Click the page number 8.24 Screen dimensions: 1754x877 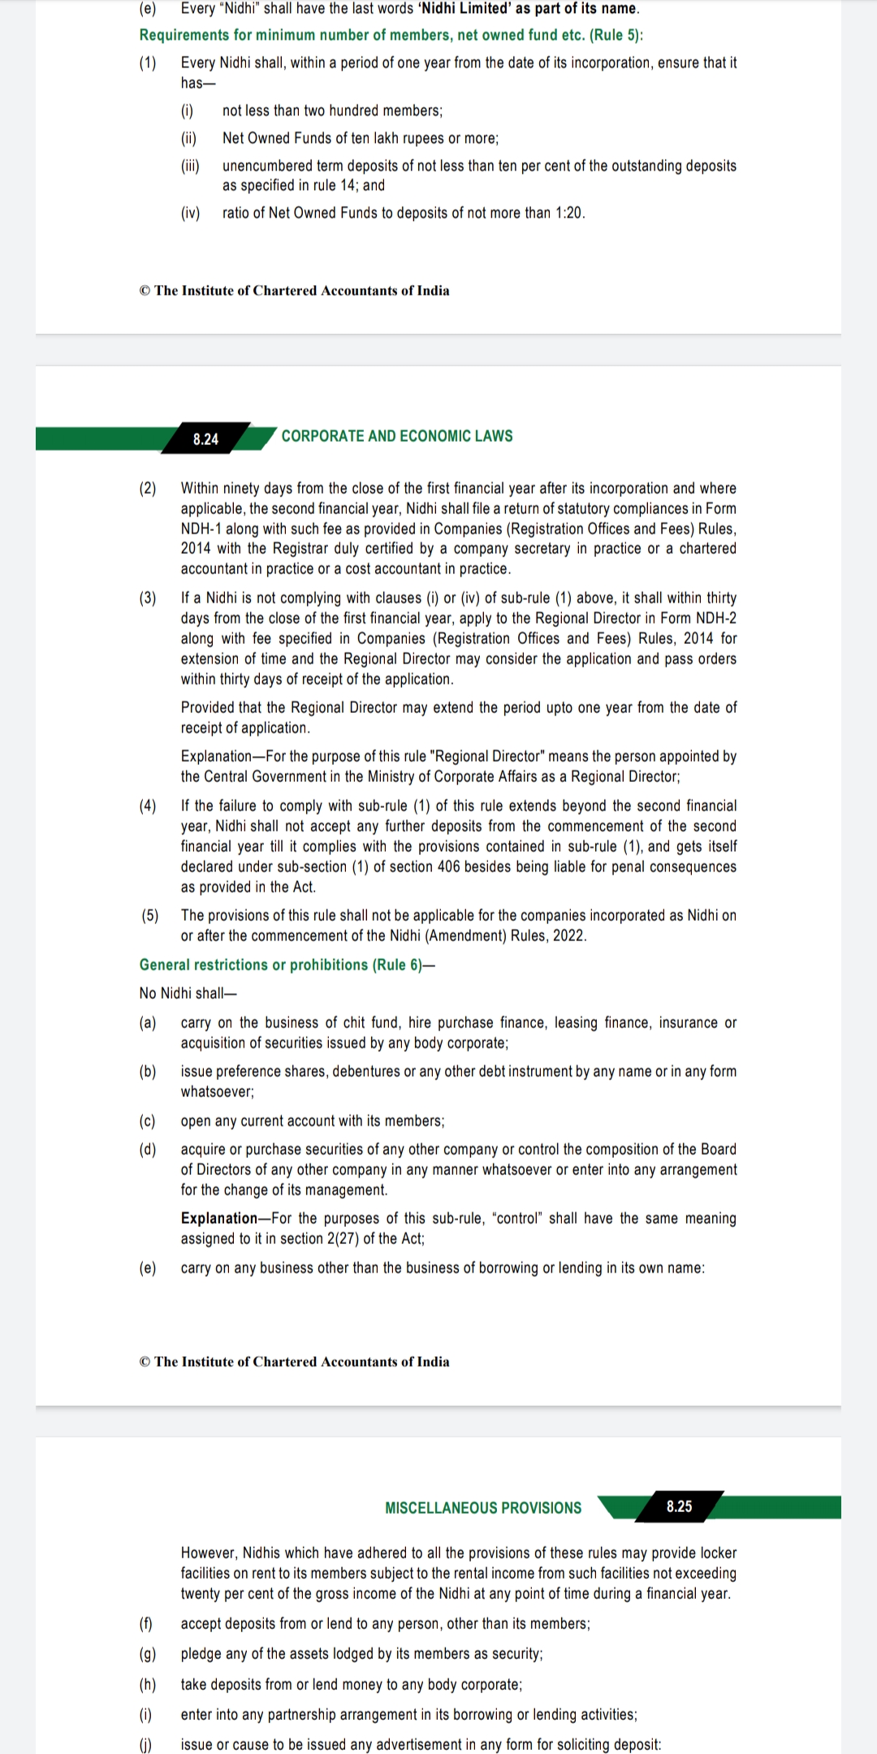205,439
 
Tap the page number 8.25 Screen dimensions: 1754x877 679,1506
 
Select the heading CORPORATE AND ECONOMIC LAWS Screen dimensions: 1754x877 397,436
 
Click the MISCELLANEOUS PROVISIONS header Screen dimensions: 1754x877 483,1508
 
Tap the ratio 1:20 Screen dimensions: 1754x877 569,213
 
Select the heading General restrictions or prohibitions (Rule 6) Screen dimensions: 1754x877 287,965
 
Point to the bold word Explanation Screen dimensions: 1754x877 219,1218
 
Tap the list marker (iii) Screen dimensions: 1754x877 190,166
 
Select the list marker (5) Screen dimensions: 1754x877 149,915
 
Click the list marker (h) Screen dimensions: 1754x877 148,1684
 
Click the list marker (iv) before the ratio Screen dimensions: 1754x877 190,213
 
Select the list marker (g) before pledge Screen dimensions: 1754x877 148,1653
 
